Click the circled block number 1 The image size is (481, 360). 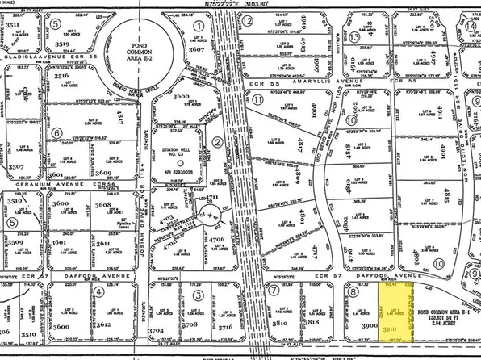[199, 26]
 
